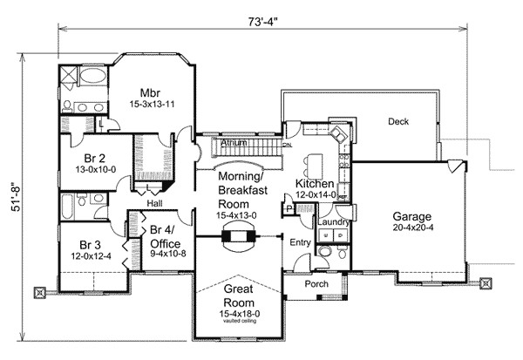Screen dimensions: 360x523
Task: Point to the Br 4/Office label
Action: click(165, 237)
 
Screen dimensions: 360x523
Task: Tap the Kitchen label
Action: click(315, 184)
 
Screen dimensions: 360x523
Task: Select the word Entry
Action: click(300, 242)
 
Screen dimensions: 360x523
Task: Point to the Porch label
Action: click(316, 285)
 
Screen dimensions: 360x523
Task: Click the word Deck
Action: click(398, 122)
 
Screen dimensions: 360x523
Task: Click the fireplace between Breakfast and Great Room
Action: click(238, 234)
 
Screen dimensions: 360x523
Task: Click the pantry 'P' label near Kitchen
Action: click(287, 207)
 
